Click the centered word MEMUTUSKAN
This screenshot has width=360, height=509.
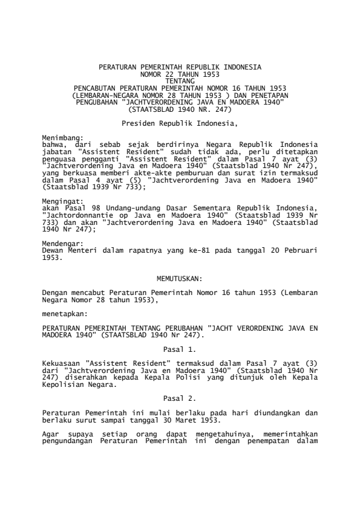pos(180,279)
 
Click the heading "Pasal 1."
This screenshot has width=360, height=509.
pos(180,349)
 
